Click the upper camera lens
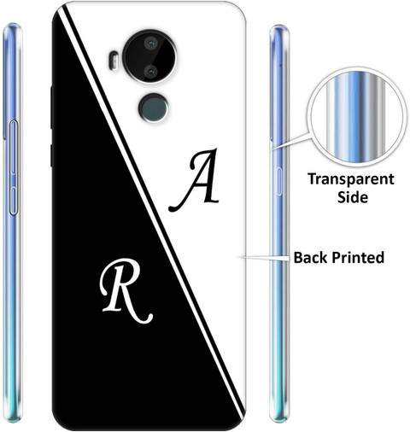pos(150,44)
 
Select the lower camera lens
pos(150,71)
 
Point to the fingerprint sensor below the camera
pos(154,108)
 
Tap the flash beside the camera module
pos(114,60)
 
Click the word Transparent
pos(351,180)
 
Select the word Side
pos(353,197)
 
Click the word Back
pos(310,258)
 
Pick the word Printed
pos(358,258)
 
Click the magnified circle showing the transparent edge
pos(356,116)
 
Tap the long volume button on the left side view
pos(14,147)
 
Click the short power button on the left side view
pos(14,201)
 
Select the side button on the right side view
pos(278,182)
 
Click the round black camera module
pos(150,57)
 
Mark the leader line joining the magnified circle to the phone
pos(290,141)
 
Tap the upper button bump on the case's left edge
pos(51,108)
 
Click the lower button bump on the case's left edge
pos(51,155)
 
